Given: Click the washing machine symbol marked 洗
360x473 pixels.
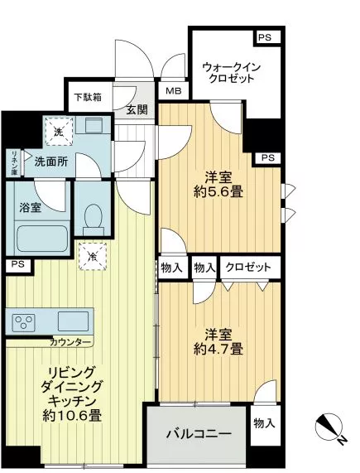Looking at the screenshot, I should pos(59,130).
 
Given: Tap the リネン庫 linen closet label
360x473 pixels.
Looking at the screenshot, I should pos(15,162).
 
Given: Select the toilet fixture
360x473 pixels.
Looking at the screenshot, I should pos(93,217).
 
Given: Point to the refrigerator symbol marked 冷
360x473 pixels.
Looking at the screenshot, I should pos(88,257).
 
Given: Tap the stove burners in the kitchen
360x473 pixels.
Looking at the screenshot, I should pos(23,321).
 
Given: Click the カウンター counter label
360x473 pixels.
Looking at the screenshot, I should pos(71,341).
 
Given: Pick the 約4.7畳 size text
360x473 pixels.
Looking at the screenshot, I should pos(219,349).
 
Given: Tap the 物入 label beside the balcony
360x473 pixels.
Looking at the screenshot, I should pos(264,423).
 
